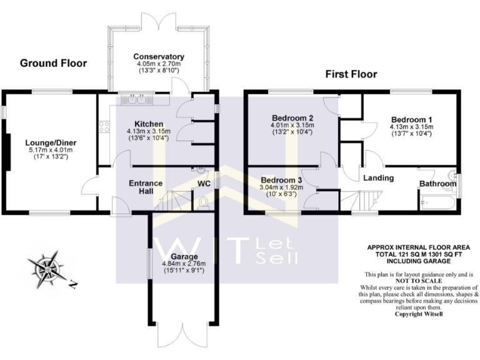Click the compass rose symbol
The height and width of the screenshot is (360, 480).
tap(47, 268)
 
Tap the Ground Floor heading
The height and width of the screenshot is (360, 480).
tap(53, 63)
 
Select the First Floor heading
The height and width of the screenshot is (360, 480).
tap(351, 74)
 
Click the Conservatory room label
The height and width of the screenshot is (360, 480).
tap(159, 56)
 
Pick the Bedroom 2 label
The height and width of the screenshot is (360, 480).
tap(292, 117)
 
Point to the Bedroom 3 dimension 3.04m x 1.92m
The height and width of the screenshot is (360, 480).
tap(281, 187)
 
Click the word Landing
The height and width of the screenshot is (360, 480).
tap(378, 178)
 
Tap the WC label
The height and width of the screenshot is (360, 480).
tap(204, 184)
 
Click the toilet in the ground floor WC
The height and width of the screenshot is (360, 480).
tap(204, 202)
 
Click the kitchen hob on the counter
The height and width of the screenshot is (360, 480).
tap(104, 127)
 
